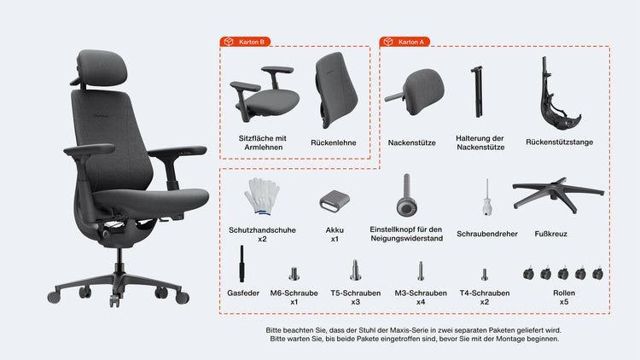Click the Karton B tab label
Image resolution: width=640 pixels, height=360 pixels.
[245, 42]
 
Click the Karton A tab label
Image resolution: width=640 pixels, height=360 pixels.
[404, 42]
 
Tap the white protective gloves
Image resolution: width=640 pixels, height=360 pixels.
[263, 196]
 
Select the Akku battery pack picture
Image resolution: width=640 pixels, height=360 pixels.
[335, 200]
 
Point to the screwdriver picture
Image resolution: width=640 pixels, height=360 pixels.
[487, 199]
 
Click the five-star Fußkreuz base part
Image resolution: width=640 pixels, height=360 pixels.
[558, 195]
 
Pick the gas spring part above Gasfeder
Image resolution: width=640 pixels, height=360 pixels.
[241, 264]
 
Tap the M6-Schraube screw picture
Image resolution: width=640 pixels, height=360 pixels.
[294, 274]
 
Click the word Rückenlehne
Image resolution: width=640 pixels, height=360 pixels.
[334, 142]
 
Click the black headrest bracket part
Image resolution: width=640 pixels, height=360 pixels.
[477, 92]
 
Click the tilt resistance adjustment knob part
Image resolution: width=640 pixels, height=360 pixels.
[406, 197]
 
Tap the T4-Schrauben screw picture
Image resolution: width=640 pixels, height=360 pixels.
[485, 275]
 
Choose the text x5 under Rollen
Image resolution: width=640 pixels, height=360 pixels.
[564, 302]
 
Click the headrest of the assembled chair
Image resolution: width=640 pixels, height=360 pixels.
[102, 68]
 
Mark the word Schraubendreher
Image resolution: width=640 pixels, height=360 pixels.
[487, 234]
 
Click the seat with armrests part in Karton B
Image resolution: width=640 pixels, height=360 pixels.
[265, 95]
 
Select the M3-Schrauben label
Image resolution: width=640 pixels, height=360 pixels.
[421, 293]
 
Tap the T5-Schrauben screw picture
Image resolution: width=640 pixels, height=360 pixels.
[356, 270]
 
